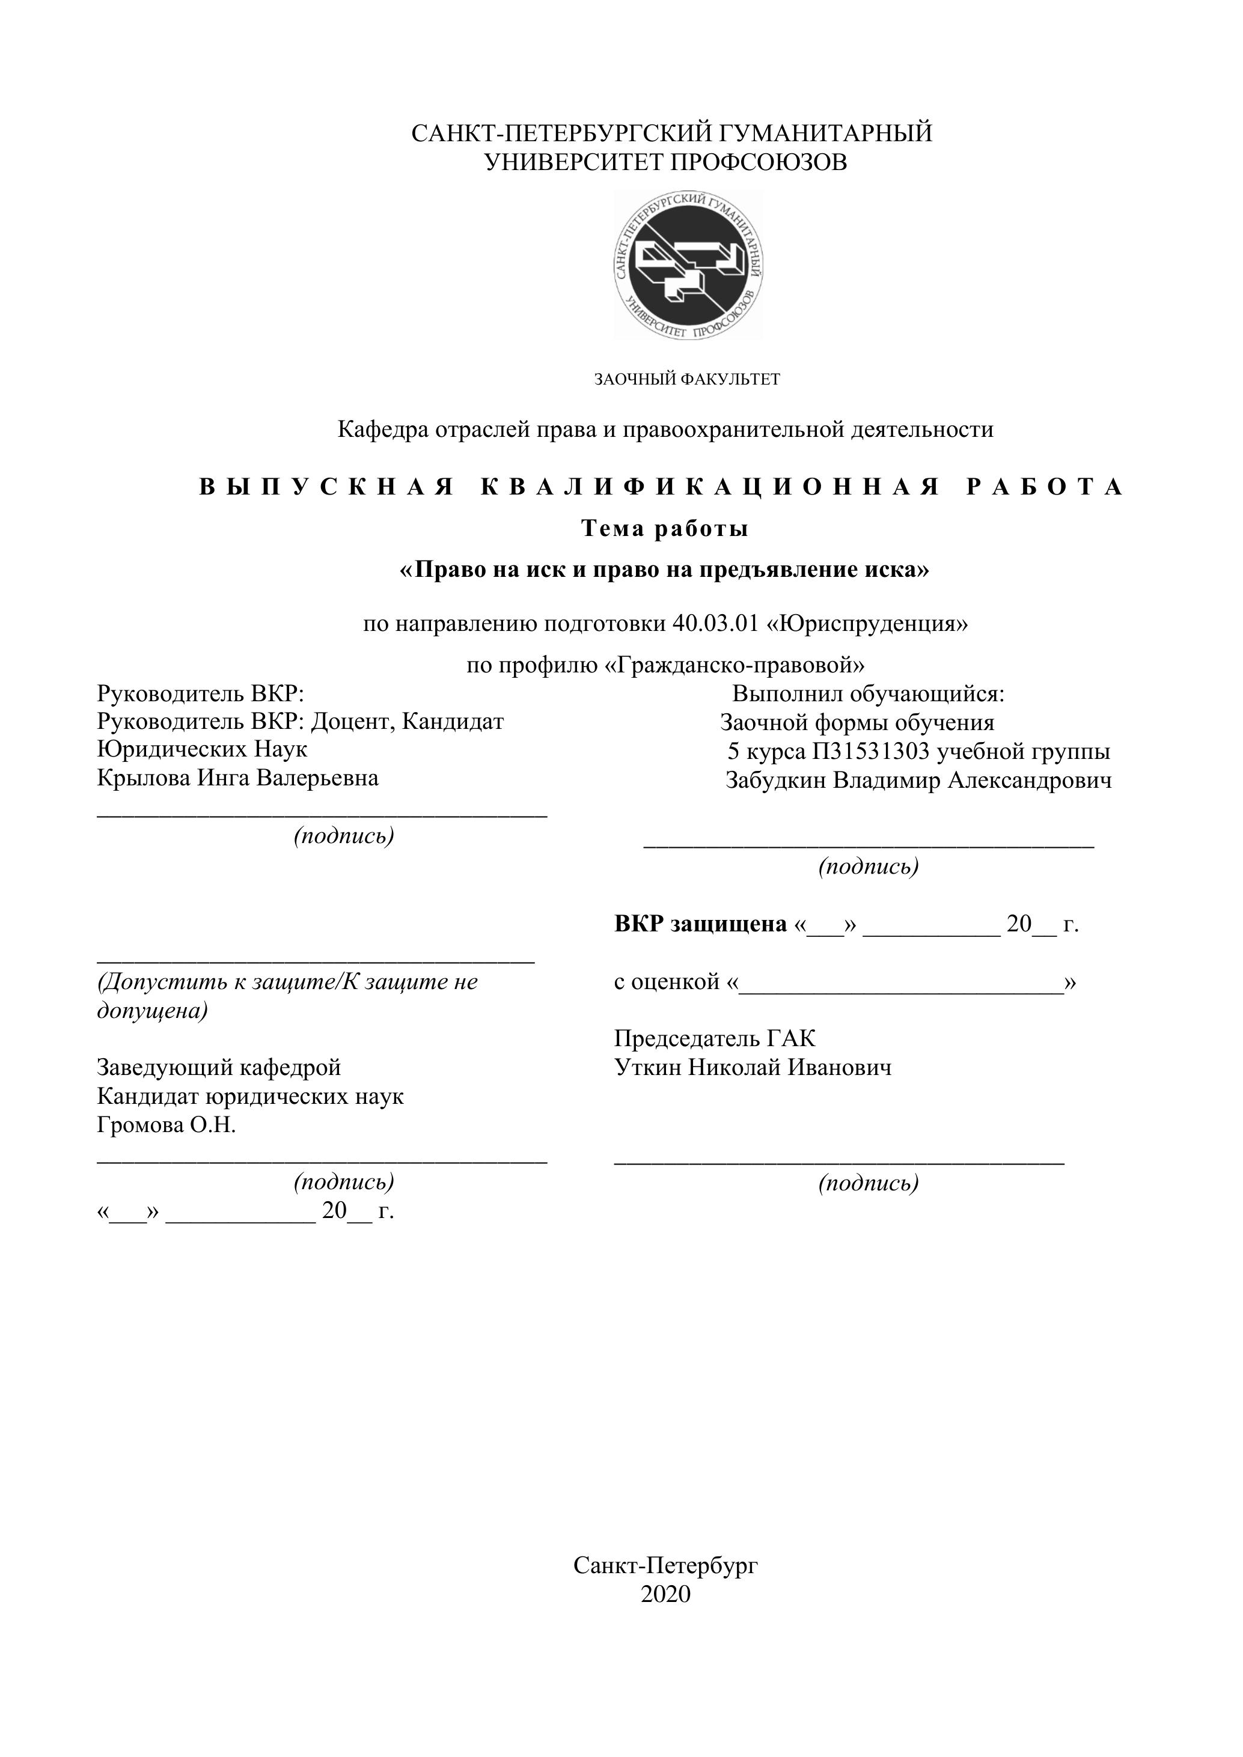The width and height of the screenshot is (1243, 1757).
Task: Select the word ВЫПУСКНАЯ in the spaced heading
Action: [328, 487]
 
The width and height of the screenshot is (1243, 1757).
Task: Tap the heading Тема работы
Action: [664, 529]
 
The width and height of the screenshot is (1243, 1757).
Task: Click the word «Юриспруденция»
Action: [867, 624]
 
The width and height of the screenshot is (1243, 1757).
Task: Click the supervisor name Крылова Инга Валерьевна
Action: [237, 778]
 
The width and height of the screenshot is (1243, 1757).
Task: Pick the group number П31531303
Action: [871, 752]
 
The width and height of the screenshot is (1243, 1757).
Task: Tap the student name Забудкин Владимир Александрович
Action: [918, 781]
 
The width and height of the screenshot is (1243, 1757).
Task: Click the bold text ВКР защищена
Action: [700, 924]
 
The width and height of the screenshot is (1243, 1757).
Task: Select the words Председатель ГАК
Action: [714, 1038]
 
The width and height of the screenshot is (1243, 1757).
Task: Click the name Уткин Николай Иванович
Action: [753, 1068]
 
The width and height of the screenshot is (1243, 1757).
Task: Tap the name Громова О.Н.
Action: [166, 1125]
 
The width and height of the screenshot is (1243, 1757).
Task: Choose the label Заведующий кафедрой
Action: [219, 1068]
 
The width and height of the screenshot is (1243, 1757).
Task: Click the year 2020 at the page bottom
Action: [665, 1594]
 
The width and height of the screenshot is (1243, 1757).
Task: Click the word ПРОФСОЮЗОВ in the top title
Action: [759, 162]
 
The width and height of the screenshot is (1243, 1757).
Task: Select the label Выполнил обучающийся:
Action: [868, 694]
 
